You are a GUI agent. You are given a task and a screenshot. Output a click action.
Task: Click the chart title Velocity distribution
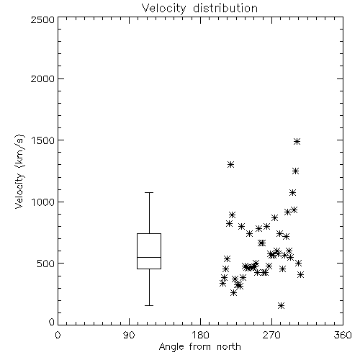[199, 8]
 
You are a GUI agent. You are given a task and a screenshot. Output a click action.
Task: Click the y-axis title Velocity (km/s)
[19, 171]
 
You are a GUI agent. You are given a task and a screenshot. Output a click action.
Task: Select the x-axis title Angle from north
[199, 346]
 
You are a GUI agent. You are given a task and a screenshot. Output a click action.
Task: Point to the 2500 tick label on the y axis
[42, 19]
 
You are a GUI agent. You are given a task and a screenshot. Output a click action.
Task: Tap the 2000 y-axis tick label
[42, 78]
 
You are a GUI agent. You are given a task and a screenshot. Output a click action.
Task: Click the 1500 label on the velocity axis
[42, 140]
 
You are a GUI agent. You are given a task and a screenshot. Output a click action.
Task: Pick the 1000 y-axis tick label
[42, 202]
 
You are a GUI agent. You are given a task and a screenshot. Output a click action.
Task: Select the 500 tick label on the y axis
[45, 264]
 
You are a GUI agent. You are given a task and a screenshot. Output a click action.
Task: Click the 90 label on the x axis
[129, 335]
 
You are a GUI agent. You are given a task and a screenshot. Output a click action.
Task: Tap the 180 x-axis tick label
[200, 335]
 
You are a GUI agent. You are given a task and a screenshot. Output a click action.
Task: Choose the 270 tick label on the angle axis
[271, 335]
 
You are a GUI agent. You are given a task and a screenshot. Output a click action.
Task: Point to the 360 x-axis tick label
[343, 335]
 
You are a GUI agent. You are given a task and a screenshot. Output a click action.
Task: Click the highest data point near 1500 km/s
[297, 141]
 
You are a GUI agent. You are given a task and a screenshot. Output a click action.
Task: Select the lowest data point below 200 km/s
[281, 305]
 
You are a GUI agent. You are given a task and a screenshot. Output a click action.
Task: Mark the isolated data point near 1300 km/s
[230, 164]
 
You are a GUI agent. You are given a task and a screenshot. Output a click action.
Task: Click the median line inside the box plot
[149, 257]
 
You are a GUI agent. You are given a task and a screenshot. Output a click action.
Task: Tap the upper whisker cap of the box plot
[149, 192]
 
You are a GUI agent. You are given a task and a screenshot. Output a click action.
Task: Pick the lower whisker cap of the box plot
[149, 305]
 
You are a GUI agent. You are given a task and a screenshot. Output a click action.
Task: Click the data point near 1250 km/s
[295, 171]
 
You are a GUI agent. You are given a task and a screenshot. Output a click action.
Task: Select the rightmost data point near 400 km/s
[300, 274]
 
